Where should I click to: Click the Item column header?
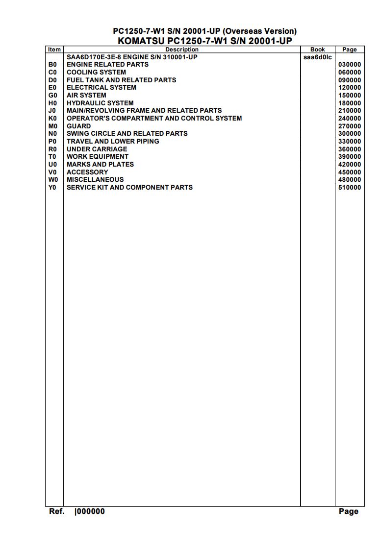(54, 49)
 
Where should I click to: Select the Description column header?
(182, 49)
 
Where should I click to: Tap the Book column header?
(318, 49)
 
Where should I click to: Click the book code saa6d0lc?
(318, 57)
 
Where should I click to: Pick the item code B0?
(53, 64)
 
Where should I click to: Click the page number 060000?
(350, 72)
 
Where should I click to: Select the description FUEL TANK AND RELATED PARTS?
(121, 80)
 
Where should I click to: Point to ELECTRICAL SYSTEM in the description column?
(101, 87)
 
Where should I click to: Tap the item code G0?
(53, 95)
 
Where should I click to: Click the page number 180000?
(350, 103)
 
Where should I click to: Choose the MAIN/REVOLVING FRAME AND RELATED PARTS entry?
(144, 110)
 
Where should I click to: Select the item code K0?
(53, 118)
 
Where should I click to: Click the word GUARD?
(78, 126)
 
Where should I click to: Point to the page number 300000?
(350, 134)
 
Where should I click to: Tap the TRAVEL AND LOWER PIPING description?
(113, 141)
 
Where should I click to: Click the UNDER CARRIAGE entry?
(97, 149)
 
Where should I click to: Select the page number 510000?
(350, 188)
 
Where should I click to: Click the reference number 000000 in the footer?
(91, 512)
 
